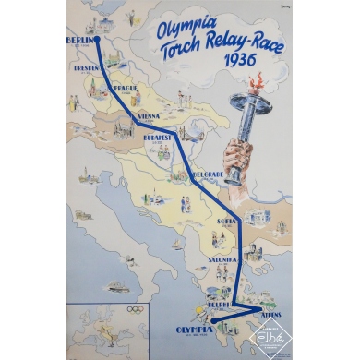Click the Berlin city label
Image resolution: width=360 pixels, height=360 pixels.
80,41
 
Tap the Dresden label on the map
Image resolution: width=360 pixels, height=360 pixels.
81,65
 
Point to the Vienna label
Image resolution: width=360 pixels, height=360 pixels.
149,115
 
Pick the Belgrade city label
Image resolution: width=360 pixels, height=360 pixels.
210,174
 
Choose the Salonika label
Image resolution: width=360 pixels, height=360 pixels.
226,260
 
